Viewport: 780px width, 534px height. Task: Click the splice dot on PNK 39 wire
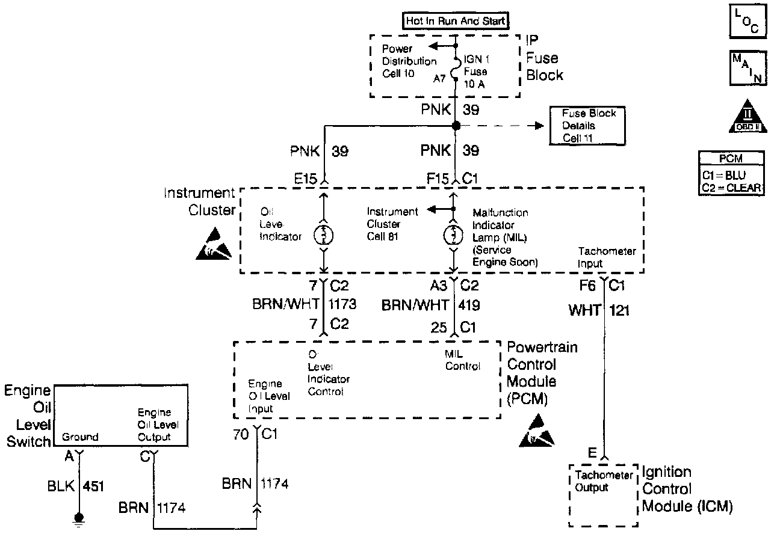point(456,126)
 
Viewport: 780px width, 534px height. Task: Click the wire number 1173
point(343,305)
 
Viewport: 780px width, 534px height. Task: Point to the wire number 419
point(469,305)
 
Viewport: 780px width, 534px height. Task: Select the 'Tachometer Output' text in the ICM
point(604,481)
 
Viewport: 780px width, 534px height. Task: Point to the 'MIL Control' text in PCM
point(462,360)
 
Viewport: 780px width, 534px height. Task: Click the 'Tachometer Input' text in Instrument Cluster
point(607,257)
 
